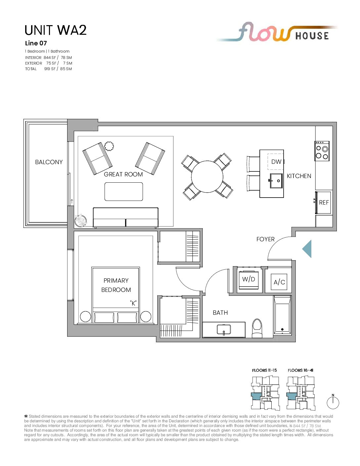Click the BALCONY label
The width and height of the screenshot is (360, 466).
click(x=49, y=162)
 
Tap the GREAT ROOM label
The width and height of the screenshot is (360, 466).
click(x=123, y=174)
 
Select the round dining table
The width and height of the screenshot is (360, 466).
click(x=207, y=176)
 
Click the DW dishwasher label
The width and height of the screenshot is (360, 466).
click(x=276, y=162)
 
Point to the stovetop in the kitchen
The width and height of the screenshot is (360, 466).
click(x=322, y=151)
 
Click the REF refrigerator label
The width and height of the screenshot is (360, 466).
click(x=324, y=203)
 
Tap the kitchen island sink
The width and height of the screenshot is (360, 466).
click(x=276, y=181)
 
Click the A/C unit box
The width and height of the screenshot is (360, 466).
click(x=279, y=282)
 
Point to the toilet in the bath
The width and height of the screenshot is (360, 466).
click(x=257, y=328)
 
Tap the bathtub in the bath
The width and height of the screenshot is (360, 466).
click(x=282, y=315)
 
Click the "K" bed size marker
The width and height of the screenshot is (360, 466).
click(x=133, y=303)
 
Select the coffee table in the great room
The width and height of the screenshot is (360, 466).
click(x=124, y=192)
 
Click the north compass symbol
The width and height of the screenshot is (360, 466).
click(x=333, y=402)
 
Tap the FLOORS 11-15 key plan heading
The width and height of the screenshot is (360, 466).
click(x=264, y=370)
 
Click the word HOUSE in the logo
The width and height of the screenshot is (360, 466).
click(x=312, y=36)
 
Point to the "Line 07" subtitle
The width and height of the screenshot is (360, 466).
click(x=36, y=43)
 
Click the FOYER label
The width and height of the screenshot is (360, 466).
click(x=265, y=239)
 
